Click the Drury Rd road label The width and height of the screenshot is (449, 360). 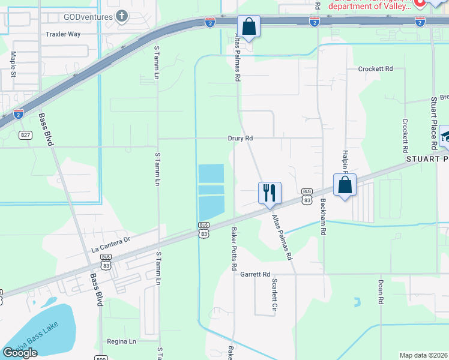tap(240, 138)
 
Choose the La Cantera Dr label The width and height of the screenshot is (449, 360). tap(111, 245)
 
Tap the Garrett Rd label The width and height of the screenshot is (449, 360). tap(255, 274)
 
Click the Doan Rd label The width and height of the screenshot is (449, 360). tap(381, 290)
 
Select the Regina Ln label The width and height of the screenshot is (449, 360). tap(122, 341)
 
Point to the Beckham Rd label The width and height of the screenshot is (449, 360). tap(323, 217)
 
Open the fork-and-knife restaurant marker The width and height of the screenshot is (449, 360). tap(269, 193)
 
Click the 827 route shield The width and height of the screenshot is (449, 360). tap(25, 135)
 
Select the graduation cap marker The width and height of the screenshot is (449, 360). tap(445, 135)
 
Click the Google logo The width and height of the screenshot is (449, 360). tap(20, 353)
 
